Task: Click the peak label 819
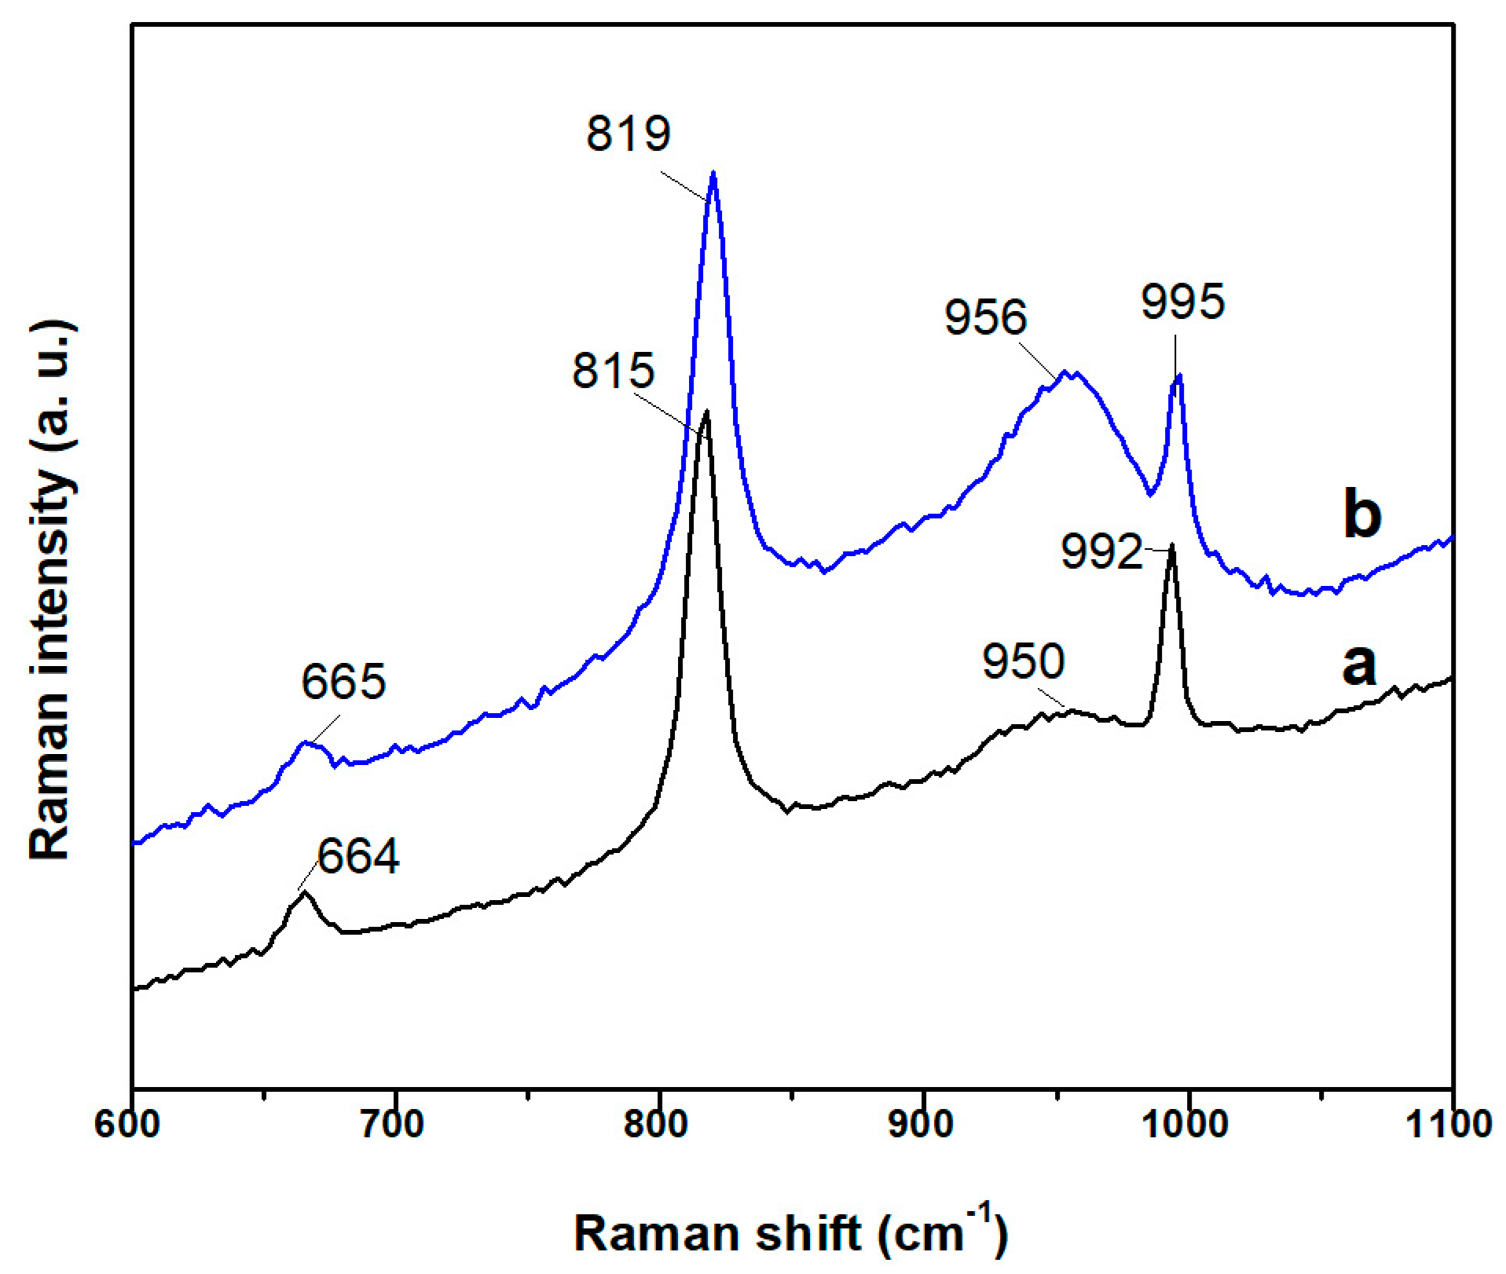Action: [x=628, y=134]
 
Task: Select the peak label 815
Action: [x=613, y=371]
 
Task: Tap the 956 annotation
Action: [x=985, y=318]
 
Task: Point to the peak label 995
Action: [x=1182, y=302]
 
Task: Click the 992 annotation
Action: [x=1101, y=551]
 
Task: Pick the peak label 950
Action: [x=1023, y=661]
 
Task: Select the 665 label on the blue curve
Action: [x=343, y=682]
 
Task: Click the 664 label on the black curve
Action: [x=358, y=856]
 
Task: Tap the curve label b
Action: [x=1362, y=514]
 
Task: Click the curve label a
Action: [x=1359, y=666]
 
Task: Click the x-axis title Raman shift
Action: [x=790, y=1233]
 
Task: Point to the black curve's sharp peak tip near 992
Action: [x=1172, y=544]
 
